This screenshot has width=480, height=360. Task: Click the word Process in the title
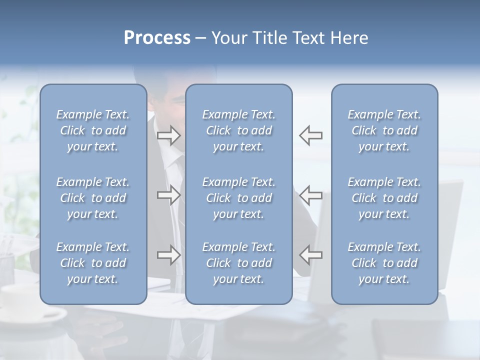(157, 38)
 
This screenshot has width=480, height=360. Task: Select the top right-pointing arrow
(168, 135)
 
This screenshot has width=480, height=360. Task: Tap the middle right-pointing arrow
(168, 195)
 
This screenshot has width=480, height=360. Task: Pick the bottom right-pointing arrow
(168, 255)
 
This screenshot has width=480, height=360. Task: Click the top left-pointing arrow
(311, 135)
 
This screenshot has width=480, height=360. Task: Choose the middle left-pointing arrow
(311, 195)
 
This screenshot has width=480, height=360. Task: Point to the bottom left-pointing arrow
(311, 255)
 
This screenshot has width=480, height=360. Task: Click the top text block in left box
(93, 130)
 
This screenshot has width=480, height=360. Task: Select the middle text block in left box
(93, 198)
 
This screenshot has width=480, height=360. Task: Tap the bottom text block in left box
(93, 263)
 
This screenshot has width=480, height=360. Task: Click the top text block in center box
(239, 130)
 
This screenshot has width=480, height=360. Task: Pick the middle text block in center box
(239, 198)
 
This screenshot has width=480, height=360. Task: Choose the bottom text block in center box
(239, 263)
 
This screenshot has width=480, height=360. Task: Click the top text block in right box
(384, 130)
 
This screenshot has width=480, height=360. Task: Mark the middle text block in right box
(384, 198)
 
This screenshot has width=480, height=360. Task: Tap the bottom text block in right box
(384, 263)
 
